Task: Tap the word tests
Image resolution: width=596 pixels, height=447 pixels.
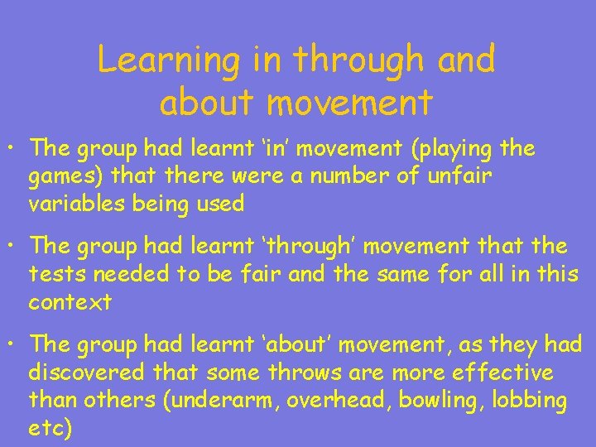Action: [x=55, y=273]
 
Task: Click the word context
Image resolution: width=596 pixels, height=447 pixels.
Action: [x=70, y=301]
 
